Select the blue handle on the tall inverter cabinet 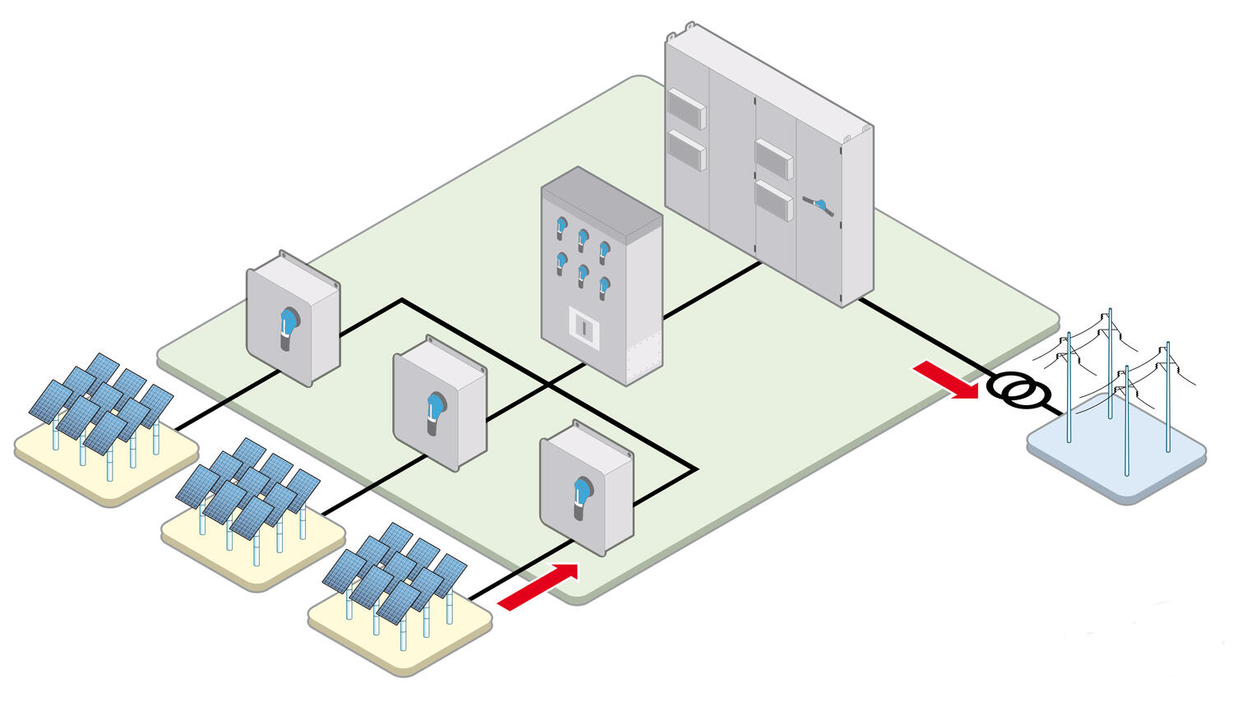tap(820, 205)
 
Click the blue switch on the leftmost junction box tap(289, 322)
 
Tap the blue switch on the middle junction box tap(436, 408)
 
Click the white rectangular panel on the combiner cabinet tap(582, 326)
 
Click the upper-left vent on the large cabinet tap(686, 109)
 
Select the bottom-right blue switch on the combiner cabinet tap(604, 285)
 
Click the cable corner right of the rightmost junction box tap(696, 470)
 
